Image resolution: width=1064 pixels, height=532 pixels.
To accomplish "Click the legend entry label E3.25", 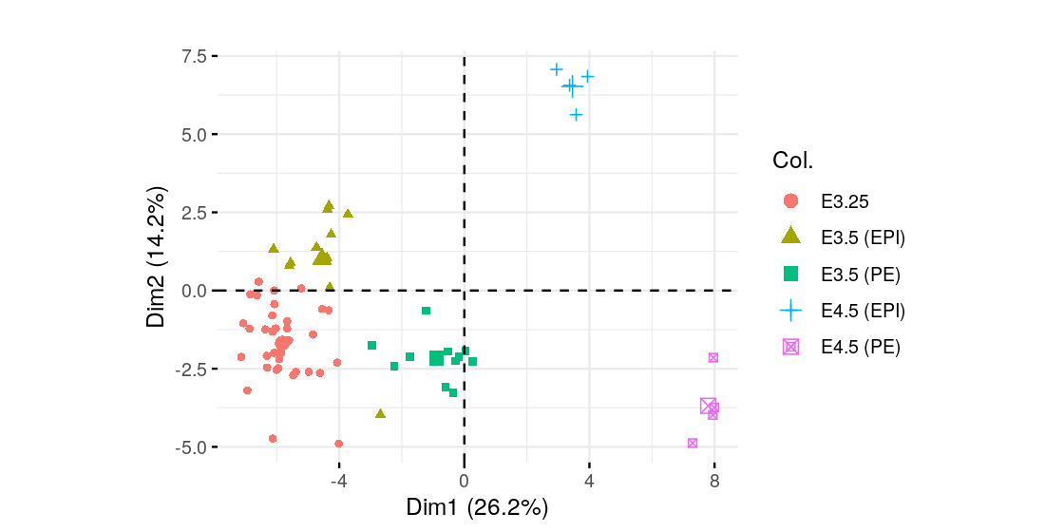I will point(845,201).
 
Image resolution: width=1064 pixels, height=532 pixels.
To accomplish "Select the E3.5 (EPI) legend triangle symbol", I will point(790,237).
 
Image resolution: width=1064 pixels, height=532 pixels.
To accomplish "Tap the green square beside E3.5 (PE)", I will point(790,274).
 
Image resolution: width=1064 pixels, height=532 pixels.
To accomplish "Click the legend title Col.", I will point(792,161).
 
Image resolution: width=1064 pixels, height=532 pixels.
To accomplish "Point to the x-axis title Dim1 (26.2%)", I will point(477,507).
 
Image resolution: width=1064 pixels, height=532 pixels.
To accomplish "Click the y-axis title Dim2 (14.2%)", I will point(158,252).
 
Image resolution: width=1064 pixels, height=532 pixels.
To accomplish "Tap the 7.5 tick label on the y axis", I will point(195,56).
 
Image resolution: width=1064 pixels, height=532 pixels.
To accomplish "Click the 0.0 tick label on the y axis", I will point(195,291).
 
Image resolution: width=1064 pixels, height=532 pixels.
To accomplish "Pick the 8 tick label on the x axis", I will point(714,481).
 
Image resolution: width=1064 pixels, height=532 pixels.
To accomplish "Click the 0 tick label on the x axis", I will point(464,481).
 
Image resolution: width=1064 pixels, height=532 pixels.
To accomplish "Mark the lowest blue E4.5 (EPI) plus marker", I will point(576,115).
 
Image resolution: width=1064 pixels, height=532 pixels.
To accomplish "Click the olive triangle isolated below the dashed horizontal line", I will point(380,413).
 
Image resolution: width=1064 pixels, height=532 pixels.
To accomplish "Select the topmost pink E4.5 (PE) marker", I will point(713,358).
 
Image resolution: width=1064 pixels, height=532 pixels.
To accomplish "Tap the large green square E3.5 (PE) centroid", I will point(436,358).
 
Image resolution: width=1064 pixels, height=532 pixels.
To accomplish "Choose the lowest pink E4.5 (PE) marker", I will point(693,443).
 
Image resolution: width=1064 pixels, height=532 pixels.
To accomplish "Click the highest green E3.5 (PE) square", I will point(427,311).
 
